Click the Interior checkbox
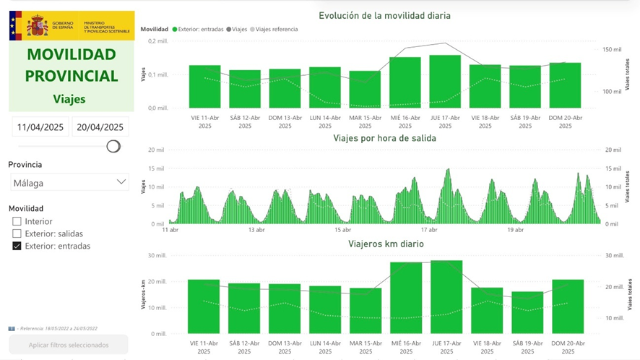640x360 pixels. [17, 221]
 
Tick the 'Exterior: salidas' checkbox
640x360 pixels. [17, 233]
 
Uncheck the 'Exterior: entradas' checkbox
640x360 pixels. [17, 246]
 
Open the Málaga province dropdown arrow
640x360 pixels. [121, 182]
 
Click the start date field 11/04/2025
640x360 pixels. [40, 127]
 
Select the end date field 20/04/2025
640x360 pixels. [100, 127]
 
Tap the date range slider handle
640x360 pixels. [113, 146]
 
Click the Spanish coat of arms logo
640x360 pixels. [37, 26]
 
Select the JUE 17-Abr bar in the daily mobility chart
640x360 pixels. [445, 82]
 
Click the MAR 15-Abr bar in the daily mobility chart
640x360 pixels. [365, 90]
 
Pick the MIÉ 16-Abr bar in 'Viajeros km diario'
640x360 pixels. [405, 297]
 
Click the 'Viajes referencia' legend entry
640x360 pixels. [276, 30]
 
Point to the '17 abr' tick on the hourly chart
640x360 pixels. [429, 230]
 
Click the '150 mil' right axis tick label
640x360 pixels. [612, 50]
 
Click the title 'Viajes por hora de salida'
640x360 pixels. [384, 138]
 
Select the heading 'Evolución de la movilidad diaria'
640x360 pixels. [384, 15]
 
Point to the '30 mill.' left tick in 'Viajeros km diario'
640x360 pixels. [157, 255]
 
